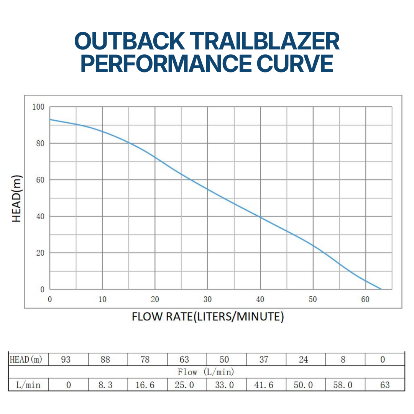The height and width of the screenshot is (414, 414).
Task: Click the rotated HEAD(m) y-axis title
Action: click(16, 199)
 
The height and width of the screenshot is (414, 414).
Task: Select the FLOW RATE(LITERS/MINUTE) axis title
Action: click(207, 317)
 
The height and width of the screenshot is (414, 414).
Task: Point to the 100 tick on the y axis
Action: click(38, 107)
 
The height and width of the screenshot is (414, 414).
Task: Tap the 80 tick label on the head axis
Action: click(40, 143)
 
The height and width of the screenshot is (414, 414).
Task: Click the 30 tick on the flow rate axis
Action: click(207, 299)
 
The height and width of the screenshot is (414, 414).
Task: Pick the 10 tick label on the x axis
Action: click(102, 299)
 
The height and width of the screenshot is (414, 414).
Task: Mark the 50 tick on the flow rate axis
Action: click(313, 299)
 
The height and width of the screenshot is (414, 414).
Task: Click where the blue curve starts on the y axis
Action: click(50, 119)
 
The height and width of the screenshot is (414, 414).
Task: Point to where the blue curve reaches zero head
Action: click(381, 289)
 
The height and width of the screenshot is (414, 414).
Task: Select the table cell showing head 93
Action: click(66, 360)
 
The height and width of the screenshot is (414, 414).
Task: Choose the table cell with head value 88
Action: click(105, 360)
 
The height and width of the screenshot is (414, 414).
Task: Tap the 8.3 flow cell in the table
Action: click(105, 385)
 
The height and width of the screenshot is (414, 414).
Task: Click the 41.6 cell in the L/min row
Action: click(264, 385)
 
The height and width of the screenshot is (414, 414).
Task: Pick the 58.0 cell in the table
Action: click(343, 385)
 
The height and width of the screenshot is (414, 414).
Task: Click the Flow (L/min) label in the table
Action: click(206, 372)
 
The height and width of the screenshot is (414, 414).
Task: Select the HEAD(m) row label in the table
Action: click(26, 360)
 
